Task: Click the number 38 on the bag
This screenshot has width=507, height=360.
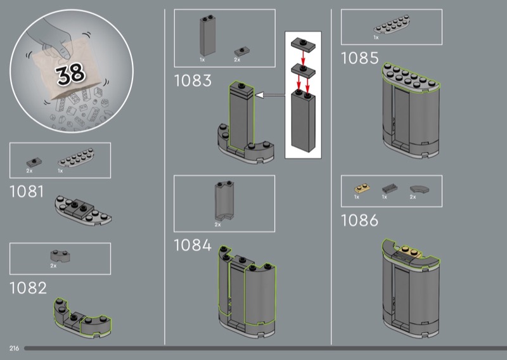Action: [70, 74]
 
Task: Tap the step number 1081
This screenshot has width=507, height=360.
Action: [27, 191]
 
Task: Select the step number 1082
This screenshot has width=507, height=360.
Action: [28, 288]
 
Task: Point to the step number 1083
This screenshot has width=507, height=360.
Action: [193, 80]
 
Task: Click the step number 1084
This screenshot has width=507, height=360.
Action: [193, 245]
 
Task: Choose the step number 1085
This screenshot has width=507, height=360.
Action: [359, 58]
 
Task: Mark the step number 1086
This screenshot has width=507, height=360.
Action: [359, 221]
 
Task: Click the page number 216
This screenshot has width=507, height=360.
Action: [14, 349]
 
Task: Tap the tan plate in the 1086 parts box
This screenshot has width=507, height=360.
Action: [362, 188]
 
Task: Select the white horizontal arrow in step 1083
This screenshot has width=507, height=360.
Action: [271, 95]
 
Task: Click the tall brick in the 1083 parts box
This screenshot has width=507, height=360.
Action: [207, 35]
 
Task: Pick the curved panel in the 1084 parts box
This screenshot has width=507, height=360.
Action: [224, 201]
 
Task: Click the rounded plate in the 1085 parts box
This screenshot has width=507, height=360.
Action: [392, 25]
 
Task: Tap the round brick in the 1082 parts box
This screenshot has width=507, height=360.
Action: [60, 256]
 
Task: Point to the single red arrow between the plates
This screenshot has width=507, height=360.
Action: [303, 57]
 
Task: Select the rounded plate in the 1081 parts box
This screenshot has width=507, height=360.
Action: [76, 158]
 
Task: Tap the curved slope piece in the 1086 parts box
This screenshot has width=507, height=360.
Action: [419, 190]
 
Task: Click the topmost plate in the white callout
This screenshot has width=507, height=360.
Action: [303, 44]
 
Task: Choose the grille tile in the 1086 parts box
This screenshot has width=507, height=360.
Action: [390, 188]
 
